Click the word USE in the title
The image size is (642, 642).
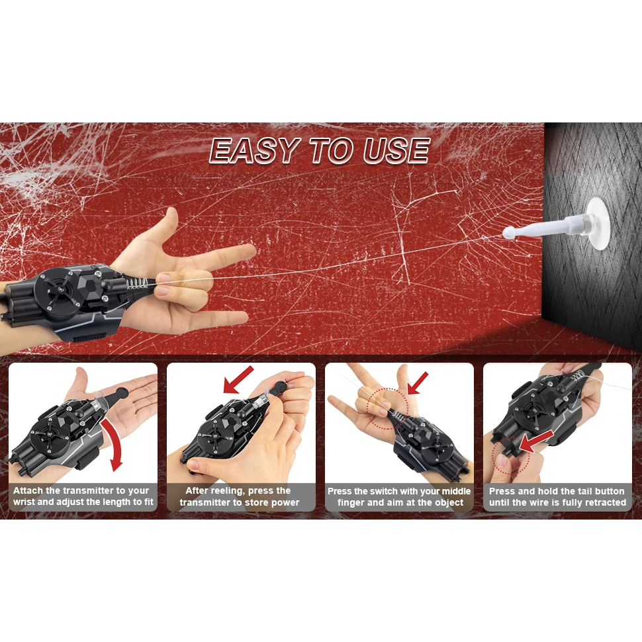(x=396, y=150)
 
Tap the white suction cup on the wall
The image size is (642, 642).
(x=598, y=224)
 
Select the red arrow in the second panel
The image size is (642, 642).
(x=238, y=379)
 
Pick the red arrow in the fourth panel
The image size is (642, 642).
(x=535, y=441)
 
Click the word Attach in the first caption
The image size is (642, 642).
(x=28, y=490)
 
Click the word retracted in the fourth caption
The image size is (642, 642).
(x=604, y=502)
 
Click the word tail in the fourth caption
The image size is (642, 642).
(x=584, y=491)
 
